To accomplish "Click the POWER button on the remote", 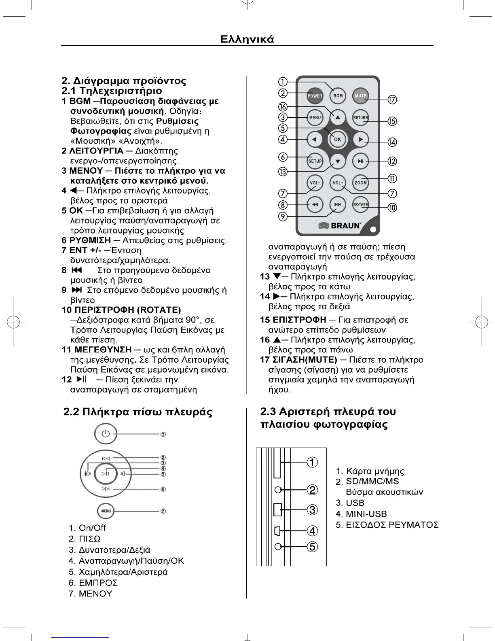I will point(315,96).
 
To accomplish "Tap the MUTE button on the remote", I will point(360,96).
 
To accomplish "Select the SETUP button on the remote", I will point(315,161).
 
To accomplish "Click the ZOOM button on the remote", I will point(360,183).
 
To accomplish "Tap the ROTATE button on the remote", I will point(360,204).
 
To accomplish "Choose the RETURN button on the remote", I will point(360,118).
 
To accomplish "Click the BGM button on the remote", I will point(338,96).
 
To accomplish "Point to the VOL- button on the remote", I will point(315,183).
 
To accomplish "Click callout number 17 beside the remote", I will point(392,100).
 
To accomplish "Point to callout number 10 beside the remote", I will point(392,208).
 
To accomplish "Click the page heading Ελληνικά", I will point(247,39).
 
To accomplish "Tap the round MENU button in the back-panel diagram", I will point(106,511).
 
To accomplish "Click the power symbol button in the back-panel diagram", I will point(106,434).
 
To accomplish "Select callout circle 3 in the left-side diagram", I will point(312,509).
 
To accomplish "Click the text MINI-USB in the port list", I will point(366,514).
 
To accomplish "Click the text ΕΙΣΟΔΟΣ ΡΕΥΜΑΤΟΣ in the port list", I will point(392,525).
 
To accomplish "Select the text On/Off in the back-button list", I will point(92,528).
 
